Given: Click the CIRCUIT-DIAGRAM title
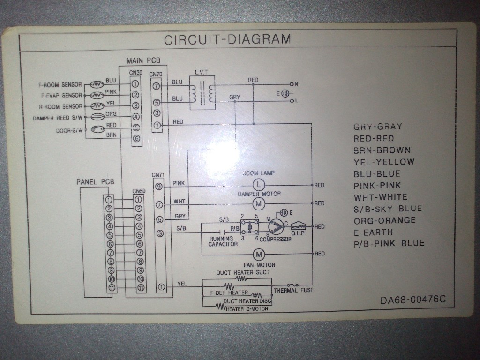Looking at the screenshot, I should (x=227, y=39).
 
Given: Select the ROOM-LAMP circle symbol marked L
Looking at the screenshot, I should (x=259, y=185).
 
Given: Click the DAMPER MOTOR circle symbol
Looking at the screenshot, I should (x=259, y=203).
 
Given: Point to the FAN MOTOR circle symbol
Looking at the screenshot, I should (x=259, y=254).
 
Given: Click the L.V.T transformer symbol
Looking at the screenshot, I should (x=202, y=92).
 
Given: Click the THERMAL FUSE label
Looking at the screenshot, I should (x=293, y=291).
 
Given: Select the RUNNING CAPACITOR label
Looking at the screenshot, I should (x=223, y=241).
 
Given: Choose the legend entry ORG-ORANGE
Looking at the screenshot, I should (x=384, y=220).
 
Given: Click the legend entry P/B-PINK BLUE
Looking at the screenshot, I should (x=389, y=243).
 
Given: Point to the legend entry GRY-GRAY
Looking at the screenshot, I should (x=377, y=127).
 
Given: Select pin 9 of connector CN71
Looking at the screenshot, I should (x=160, y=187).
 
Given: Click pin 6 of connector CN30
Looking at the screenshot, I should (x=135, y=138).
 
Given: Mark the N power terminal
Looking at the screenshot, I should (x=295, y=84).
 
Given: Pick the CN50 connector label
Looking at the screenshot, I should (x=139, y=191).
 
